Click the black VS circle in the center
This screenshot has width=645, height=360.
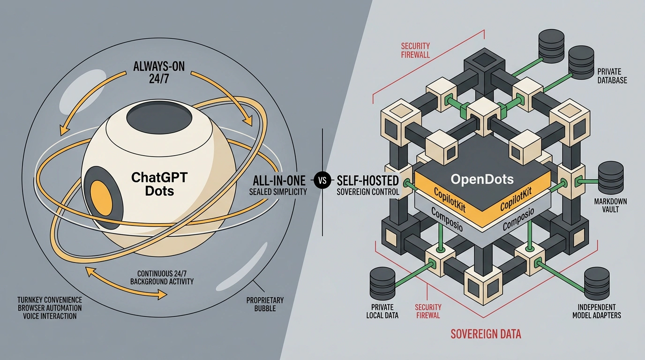(322, 180)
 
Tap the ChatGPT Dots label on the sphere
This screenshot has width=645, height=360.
(159, 184)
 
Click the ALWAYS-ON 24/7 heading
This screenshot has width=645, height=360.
(158, 72)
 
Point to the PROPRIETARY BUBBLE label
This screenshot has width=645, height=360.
(265, 304)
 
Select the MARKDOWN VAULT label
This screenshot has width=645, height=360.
(610, 205)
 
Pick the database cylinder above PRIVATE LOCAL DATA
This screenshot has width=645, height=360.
(382, 284)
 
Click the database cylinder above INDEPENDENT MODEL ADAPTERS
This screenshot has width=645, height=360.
(597, 284)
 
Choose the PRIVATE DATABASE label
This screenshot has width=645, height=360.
(612, 76)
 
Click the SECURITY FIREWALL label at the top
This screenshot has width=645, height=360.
(415, 50)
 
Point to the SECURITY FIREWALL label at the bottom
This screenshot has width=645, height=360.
(428, 311)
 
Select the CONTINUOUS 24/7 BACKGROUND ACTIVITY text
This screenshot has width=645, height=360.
(162, 277)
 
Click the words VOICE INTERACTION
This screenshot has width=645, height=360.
(50, 316)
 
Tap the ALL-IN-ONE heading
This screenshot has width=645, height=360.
(279, 180)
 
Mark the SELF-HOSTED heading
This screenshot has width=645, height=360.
(367, 180)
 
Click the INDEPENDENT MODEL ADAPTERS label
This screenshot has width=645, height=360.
(597, 311)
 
